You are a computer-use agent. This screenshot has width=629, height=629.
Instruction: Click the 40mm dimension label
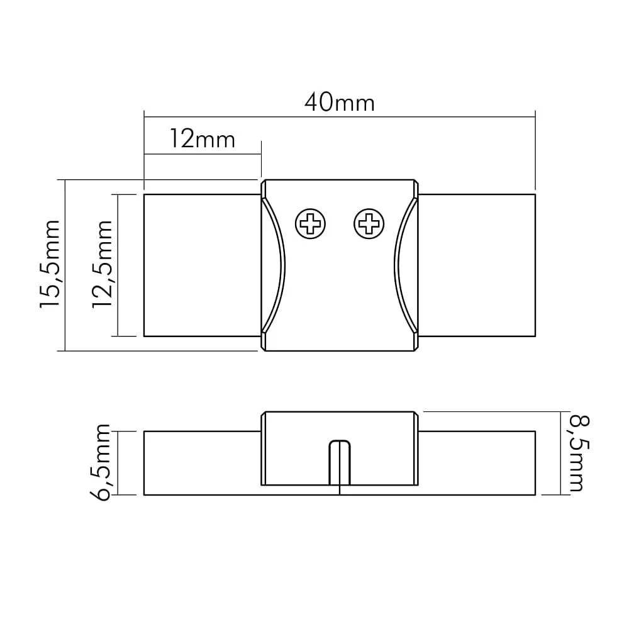pyautogui.click(x=340, y=103)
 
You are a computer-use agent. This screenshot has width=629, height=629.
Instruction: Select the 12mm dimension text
pyautogui.click(x=203, y=139)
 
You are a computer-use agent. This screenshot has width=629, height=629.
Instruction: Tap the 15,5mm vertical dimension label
pyautogui.click(x=50, y=264)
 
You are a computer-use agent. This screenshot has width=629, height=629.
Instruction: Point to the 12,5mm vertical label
pyautogui.click(x=103, y=264)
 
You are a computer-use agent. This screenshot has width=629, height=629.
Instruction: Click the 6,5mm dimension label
pyautogui.click(x=100, y=462)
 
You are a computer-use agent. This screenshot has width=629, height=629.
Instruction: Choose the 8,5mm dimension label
pyautogui.click(x=579, y=454)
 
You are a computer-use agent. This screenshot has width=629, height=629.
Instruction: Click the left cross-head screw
pyautogui.click(x=310, y=223)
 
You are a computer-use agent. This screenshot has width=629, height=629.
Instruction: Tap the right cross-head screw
pyautogui.click(x=369, y=223)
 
